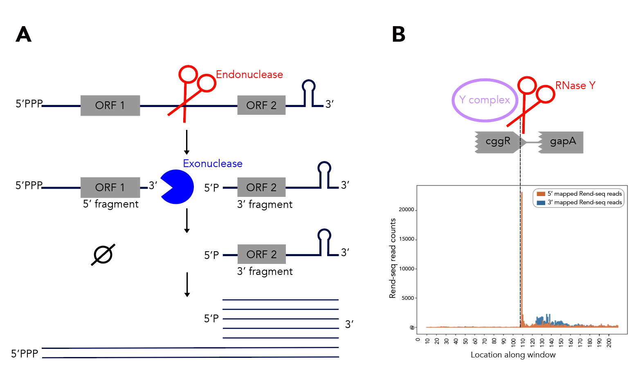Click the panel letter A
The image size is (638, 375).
[23, 34]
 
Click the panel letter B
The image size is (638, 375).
[398, 34]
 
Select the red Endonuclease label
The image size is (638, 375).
[249, 74]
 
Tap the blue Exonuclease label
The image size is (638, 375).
[212, 163]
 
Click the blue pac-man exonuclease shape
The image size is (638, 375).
[176, 187]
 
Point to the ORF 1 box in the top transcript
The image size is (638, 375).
[110, 105]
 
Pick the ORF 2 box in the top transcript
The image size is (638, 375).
[261, 105]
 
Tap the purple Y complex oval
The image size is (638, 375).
[485, 100]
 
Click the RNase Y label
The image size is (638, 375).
[575, 85]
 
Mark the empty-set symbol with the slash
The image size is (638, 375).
[103, 255]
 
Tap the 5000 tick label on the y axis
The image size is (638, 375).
[408, 298]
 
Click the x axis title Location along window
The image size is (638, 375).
[513, 355]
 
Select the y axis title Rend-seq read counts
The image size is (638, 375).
[393, 258]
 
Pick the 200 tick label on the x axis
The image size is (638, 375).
[609, 342]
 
